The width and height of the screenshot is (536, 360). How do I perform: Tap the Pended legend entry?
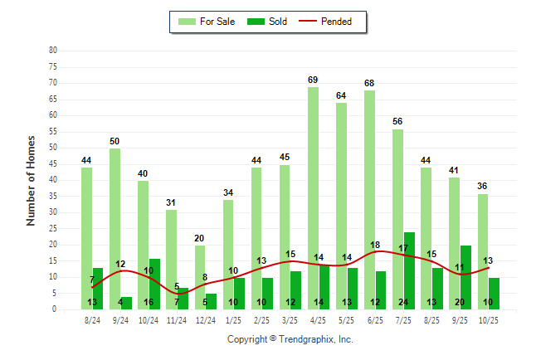337,22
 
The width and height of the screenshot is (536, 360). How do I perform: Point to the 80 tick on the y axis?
53,50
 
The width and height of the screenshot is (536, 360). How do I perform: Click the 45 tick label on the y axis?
53,163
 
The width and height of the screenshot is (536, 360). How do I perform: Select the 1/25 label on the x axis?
233,320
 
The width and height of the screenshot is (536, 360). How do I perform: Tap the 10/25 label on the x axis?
488,320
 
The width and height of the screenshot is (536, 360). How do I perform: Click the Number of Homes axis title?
31,180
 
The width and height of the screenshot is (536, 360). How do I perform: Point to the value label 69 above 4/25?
313,80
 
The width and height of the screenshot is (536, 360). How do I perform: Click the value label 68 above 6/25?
369,83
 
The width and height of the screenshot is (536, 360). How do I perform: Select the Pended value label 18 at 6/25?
375,245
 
